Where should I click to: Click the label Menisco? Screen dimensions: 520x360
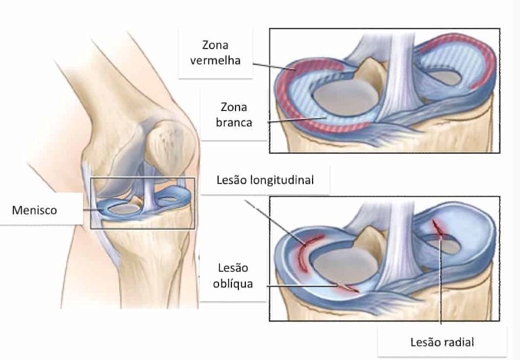coord(34,210)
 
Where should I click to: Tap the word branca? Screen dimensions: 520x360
coord(233,122)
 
